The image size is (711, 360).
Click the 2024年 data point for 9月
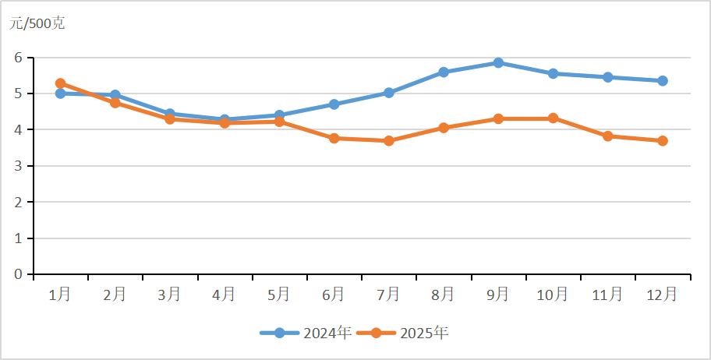click(498, 63)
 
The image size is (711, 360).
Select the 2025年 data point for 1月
click(60, 83)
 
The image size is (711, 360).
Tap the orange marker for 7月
click(388, 141)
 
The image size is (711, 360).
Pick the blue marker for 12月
click(663, 81)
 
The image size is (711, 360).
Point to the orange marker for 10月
click(553, 118)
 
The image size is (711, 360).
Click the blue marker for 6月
click(334, 104)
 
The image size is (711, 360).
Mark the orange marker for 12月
click(663, 141)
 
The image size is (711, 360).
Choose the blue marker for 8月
click(444, 72)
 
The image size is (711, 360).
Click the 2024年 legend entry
click(306, 334)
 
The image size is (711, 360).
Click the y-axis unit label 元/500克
click(37, 23)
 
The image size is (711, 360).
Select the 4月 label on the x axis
click(224, 294)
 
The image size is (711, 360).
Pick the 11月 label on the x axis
click(607, 294)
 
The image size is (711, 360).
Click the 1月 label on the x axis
click(60, 294)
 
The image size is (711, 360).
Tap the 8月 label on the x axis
click(443, 294)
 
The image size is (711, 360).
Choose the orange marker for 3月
click(169, 119)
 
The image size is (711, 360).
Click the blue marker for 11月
click(607, 77)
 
